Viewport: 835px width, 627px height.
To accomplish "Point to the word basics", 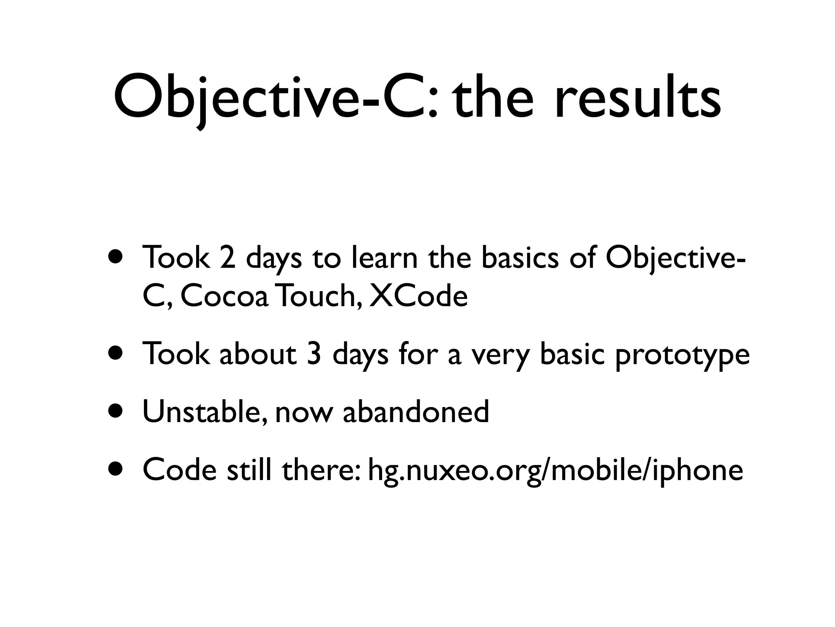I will [x=520, y=258].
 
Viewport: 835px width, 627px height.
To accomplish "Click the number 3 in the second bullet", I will [x=314, y=354].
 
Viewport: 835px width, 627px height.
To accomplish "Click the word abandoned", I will [x=415, y=411].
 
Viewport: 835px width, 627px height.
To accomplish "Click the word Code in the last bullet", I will [x=179, y=469].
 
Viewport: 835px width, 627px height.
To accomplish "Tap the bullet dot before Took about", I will [x=117, y=354].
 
